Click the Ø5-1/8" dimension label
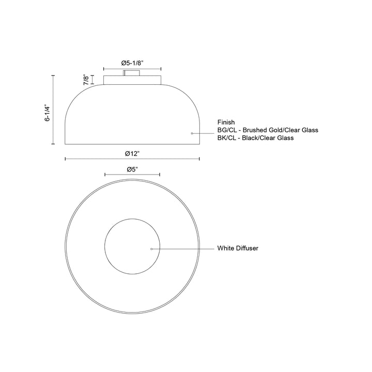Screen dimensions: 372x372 point(132,63)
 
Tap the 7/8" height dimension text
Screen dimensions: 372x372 point(85,79)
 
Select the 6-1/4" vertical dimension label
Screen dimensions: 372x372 point(47,110)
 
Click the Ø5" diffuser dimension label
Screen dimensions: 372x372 point(132,169)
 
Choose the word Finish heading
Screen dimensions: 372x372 point(226,122)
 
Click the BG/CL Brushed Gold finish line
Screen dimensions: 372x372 point(268,130)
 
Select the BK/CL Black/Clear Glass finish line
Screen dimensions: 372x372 point(255,138)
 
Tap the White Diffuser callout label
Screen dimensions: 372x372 point(238,249)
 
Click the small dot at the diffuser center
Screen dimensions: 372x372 point(151,249)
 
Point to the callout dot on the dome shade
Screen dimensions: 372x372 point(192,134)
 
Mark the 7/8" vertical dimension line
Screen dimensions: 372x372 point(93,80)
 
